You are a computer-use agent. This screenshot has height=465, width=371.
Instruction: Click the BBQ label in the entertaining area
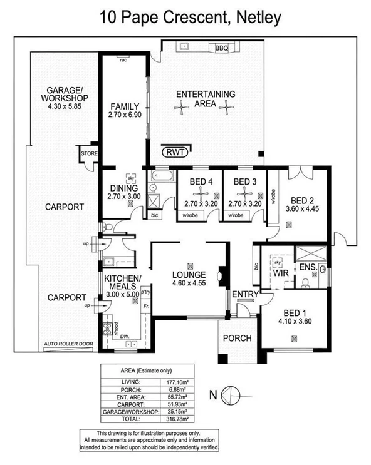[221, 48]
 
